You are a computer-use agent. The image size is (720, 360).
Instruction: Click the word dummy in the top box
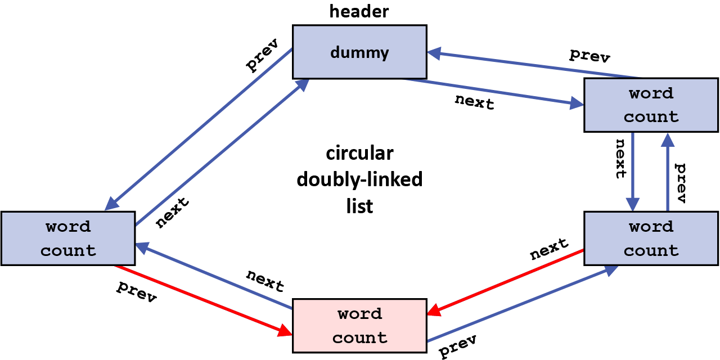pyautogui.click(x=359, y=53)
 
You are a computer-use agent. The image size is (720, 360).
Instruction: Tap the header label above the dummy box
pyautogui.click(x=359, y=11)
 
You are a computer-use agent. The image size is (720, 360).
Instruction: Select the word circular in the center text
pyautogui.click(x=359, y=153)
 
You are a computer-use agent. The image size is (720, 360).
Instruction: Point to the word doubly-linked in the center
pyautogui.click(x=359, y=179)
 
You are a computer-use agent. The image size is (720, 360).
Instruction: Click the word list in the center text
pyautogui.click(x=359, y=206)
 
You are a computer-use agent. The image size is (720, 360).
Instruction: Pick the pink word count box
pyautogui.click(x=359, y=326)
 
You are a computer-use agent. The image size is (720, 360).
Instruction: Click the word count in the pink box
pyautogui.click(x=359, y=337)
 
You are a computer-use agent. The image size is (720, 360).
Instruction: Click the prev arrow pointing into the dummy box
pyautogui.click(x=534, y=65)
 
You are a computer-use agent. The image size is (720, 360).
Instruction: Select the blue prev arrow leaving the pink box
pyautogui.click(x=520, y=304)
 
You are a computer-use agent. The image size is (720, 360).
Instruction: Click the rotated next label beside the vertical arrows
pyautogui.click(x=620, y=158)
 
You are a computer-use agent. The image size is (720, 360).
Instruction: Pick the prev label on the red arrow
pyautogui.click(x=137, y=291)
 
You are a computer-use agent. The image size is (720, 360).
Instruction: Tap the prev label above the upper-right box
pyautogui.click(x=589, y=55)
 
